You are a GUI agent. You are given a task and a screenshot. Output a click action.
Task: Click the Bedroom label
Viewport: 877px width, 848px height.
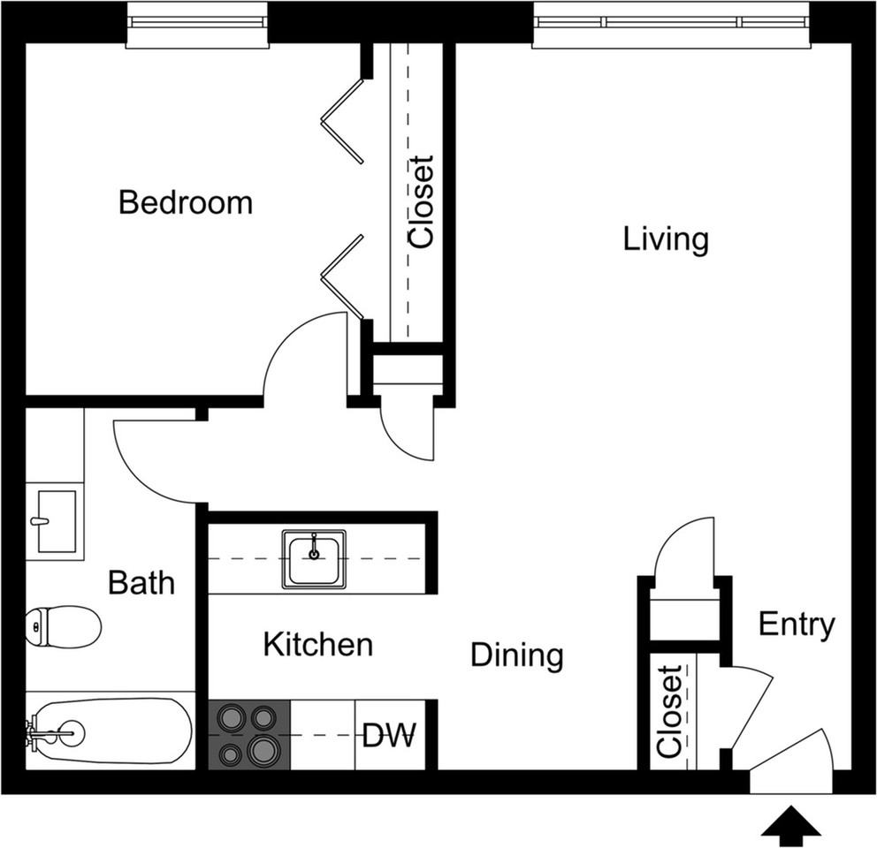pyautogui.click(x=186, y=202)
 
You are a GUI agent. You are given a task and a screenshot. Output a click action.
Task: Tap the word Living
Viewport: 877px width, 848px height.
pyautogui.click(x=666, y=239)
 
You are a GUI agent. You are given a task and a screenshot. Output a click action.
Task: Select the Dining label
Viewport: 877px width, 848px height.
pyautogui.click(x=517, y=655)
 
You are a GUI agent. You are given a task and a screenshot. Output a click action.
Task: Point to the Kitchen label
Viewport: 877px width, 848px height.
pyautogui.click(x=317, y=645)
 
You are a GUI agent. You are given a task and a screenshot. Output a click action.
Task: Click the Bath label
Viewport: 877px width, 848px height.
pyautogui.click(x=141, y=582)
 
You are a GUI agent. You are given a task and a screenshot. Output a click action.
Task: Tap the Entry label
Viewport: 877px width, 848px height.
pyautogui.click(x=797, y=625)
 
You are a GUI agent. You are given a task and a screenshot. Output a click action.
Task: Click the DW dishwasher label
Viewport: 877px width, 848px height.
pyautogui.click(x=390, y=735)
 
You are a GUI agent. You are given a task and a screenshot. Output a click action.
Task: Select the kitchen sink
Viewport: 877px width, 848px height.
pyautogui.click(x=314, y=559)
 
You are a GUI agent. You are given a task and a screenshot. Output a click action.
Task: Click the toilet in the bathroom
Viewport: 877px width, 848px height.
pyautogui.click(x=63, y=626)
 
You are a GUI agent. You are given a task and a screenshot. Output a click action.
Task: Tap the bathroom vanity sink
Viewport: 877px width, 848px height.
pyautogui.click(x=55, y=521)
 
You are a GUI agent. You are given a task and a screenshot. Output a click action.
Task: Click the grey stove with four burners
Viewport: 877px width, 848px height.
pyautogui.click(x=249, y=735)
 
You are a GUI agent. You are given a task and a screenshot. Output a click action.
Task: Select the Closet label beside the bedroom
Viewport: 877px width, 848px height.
pyautogui.click(x=421, y=201)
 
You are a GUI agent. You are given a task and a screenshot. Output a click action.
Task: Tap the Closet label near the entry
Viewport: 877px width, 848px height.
pyautogui.click(x=669, y=711)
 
